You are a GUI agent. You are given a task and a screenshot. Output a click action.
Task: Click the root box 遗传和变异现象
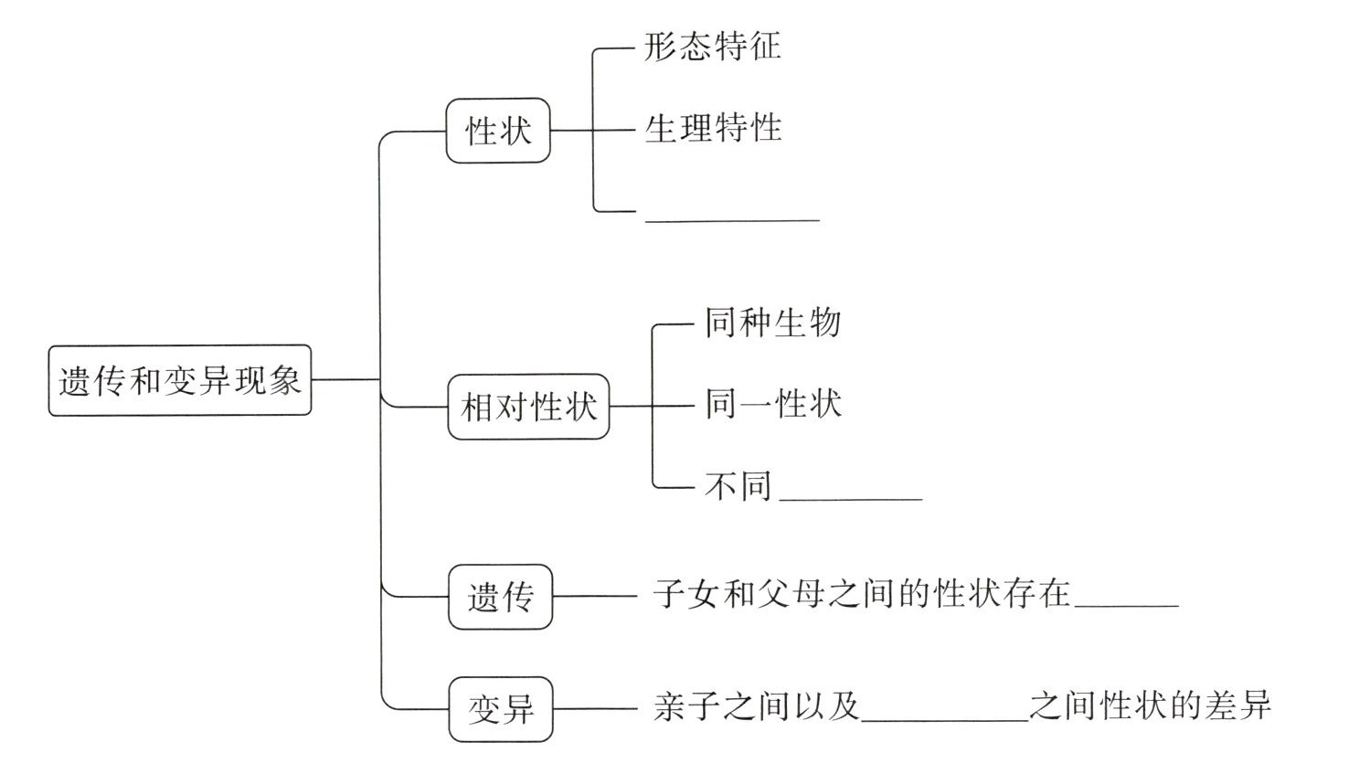click(x=179, y=380)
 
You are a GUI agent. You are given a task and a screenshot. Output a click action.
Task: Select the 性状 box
click(x=498, y=131)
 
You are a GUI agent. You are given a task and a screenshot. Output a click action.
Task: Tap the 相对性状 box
click(x=529, y=406)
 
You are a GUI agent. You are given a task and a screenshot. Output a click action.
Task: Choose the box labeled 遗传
click(x=500, y=598)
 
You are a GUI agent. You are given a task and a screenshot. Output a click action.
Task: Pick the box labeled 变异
click(x=500, y=709)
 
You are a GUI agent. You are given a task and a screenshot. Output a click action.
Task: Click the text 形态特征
click(x=713, y=47)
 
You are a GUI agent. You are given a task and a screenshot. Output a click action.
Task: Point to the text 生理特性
click(x=713, y=128)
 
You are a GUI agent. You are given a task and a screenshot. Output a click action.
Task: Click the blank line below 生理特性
click(x=732, y=217)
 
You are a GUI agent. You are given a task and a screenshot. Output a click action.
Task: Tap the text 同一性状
click(x=772, y=404)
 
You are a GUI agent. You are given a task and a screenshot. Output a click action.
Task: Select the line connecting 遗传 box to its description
click(x=594, y=597)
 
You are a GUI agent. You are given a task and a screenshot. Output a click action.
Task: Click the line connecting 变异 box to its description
click(x=594, y=708)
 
